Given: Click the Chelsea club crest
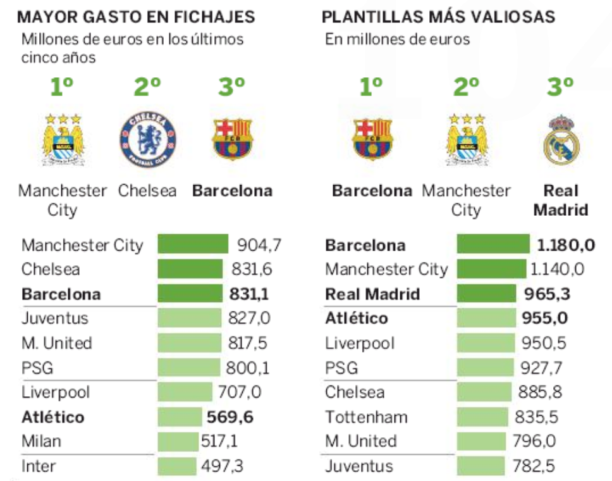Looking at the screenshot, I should tap(148, 139).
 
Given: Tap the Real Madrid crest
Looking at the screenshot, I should tap(561, 139).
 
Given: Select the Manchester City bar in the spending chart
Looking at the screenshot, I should tap(193, 244).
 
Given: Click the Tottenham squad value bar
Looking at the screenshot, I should tap(482, 417).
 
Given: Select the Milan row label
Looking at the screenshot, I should tap(41, 440).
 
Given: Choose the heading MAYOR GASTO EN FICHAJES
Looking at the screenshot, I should tap(136, 16).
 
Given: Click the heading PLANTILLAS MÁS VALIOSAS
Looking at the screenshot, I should tap(438, 16).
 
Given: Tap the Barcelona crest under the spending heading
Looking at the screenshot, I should tap(232, 139).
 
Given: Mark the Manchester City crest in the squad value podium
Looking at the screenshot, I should tap(467, 139).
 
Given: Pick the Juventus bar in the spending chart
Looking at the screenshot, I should tap(188, 318).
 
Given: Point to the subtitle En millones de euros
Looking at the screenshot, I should tap(398, 39).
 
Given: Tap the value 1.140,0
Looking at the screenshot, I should tap(557, 269).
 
